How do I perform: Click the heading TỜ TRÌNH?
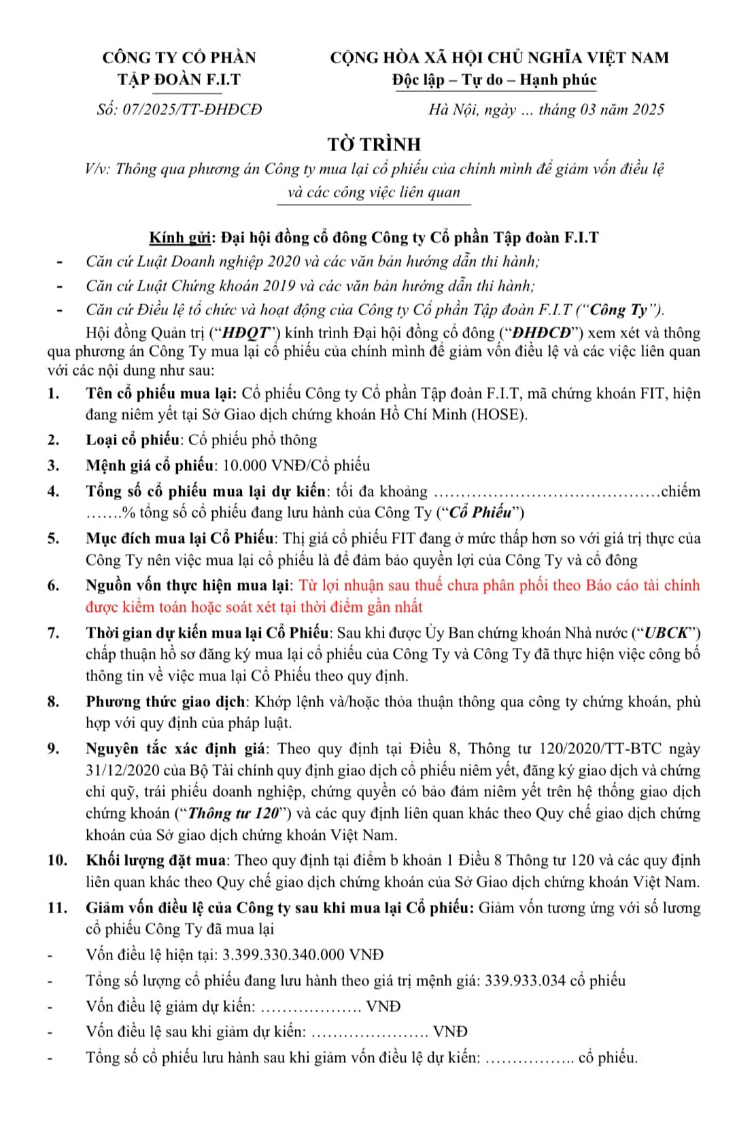(374, 144)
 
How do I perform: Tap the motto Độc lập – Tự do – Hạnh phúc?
(494, 80)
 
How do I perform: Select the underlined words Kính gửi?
(180, 237)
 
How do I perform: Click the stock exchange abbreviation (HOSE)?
(499, 414)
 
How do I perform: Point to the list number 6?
(53, 585)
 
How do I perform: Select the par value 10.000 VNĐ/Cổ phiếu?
(296, 465)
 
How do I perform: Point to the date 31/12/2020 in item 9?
(122, 770)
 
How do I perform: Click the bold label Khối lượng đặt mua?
(156, 860)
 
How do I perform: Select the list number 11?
(56, 908)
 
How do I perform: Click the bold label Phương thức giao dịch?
(165, 702)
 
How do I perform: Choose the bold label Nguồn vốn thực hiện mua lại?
(188, 585)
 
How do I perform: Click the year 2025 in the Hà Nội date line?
(647, 110)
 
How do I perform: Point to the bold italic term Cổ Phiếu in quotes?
(482, 512)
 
